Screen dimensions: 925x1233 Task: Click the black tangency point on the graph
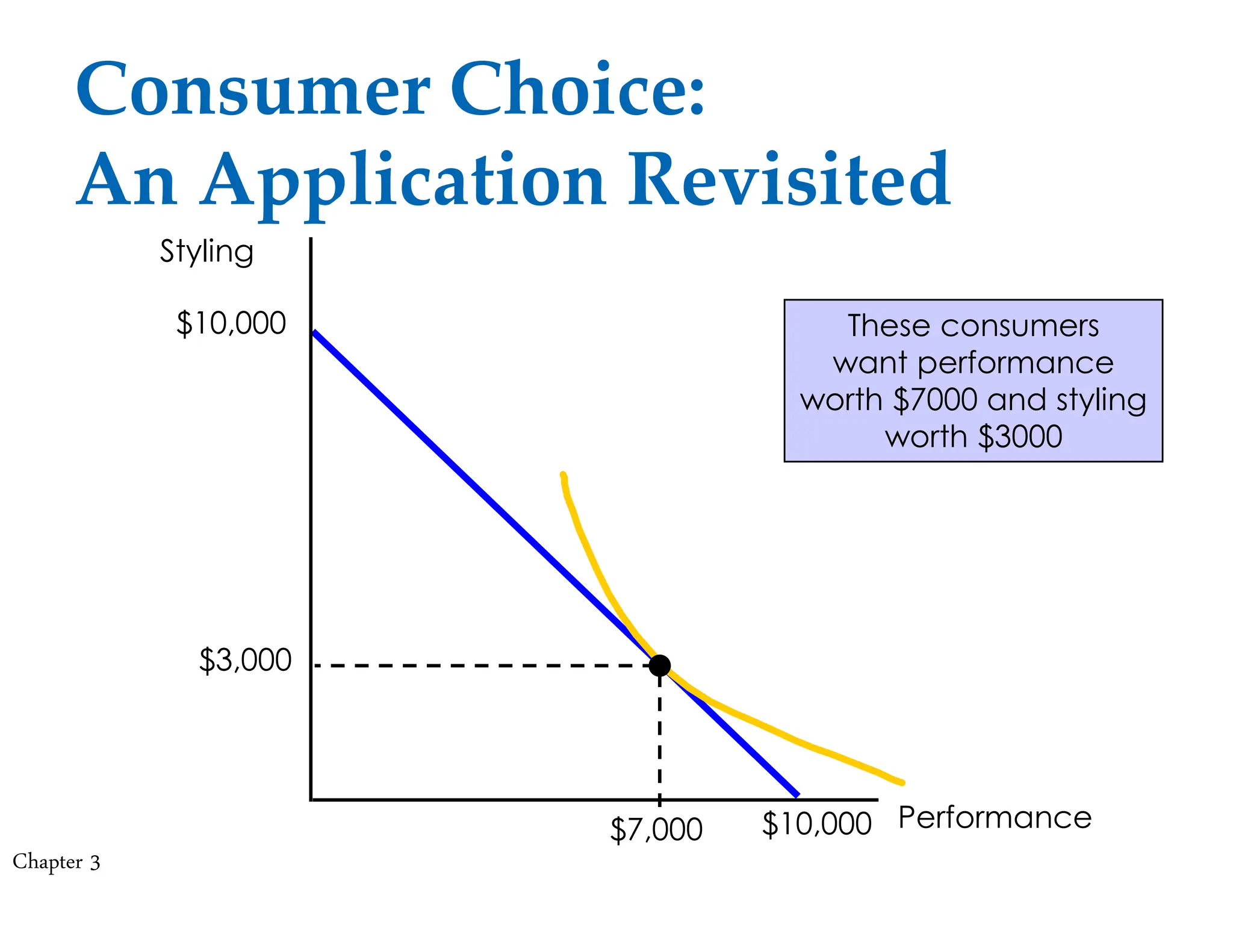pos(660,665)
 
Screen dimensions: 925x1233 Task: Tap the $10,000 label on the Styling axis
pos(231,323)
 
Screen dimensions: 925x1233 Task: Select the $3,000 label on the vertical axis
pos(245,660)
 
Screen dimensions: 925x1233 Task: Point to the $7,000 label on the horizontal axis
pos(656,829)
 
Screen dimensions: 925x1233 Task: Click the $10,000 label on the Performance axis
pos(816,824)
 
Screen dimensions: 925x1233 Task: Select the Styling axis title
pos(207,252)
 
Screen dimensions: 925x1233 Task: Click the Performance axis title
pos(995,818)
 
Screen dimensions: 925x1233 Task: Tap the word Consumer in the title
pos(253,90)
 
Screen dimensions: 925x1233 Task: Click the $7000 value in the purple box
pos(934,400)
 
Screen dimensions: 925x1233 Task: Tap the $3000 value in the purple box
pos(1020,437)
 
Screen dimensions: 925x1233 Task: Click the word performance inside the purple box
pos(1015,363)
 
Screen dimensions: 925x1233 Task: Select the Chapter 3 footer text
pos(57,862)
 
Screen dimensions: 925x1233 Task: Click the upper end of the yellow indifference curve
pos(563,476)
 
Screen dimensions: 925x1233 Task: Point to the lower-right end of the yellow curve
pos(900,782)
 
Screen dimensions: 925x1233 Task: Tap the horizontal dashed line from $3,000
pos(482,665)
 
